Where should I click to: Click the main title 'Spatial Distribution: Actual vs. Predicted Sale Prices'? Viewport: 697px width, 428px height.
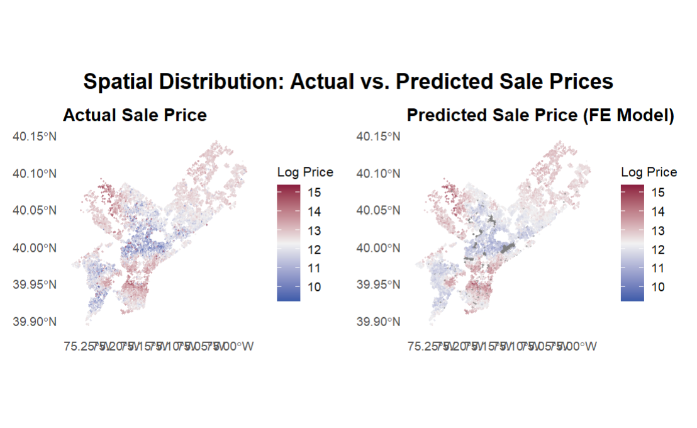[x=348, y=82]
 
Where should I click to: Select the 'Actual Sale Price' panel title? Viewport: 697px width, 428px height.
[x=135, y=116]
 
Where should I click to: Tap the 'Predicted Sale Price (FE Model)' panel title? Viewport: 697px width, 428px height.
[x=540, y=116]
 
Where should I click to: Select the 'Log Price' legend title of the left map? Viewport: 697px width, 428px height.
[x=305, y=172]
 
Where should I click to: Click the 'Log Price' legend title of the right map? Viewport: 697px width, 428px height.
[x=649, y=172]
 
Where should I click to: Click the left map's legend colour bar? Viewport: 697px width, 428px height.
[x=288, y=243]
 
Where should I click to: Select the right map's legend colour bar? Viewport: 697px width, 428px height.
[x=632, y=243]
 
